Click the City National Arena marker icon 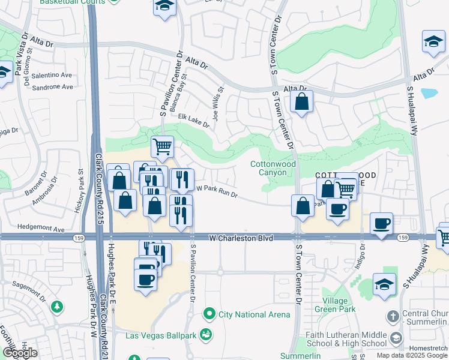pos(209,314)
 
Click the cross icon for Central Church pos(393,315)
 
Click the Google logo pos(20,353)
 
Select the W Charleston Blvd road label pos(241,238)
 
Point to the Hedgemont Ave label pos(41,229)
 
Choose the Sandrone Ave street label pos(52,87)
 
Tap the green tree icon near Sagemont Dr pos(58,307)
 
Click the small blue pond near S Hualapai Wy pos(429,93)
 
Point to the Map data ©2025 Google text pos(411,355)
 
